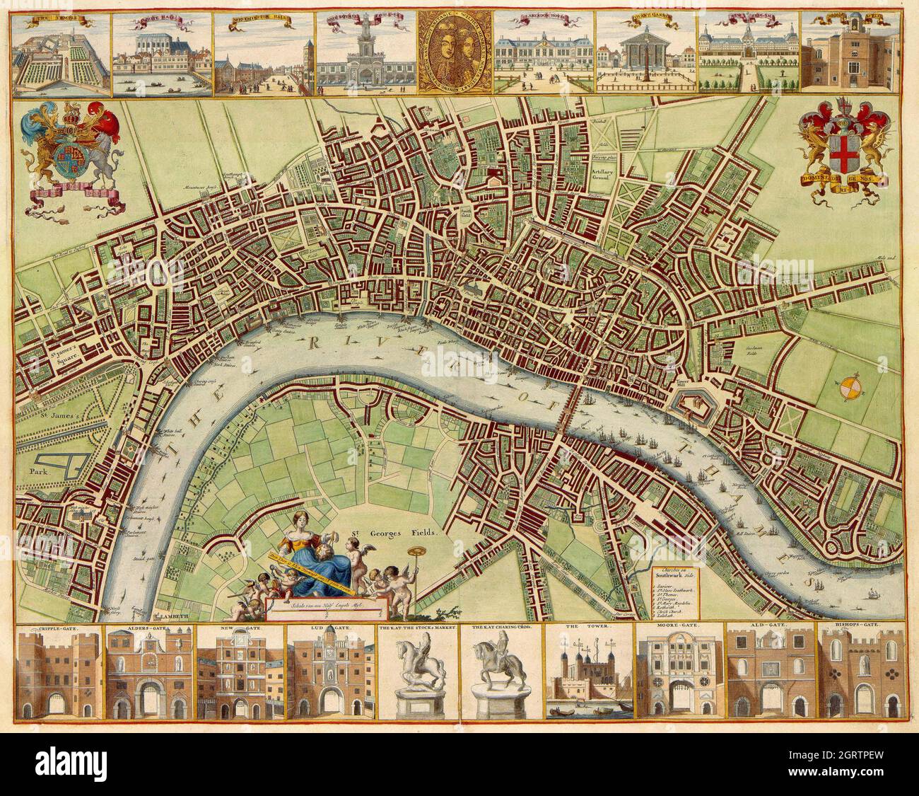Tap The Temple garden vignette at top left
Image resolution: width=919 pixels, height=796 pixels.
click(x=62, y=53)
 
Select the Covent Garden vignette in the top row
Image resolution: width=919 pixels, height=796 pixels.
click(x=645, y=53)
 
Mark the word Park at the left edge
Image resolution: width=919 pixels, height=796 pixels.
click(x=37, y=469)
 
